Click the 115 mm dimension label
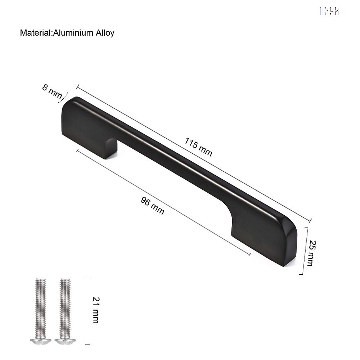(198, 147)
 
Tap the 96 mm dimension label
(152, 206)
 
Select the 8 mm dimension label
(52, 92)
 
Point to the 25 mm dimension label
(310, 253)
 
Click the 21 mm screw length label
(96, 310)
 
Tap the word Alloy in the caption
(105, 33)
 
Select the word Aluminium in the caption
(74, 33)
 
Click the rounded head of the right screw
(63, 340)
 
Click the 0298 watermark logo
(329, 11)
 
